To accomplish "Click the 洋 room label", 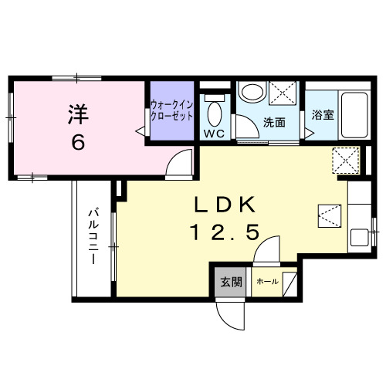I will tap(78, 114).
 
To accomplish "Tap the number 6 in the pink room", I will tap(79, 144).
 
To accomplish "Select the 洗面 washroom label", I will tap(274, 122).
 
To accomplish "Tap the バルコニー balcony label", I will tap(93, 236).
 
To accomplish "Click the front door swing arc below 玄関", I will tap(230, 313).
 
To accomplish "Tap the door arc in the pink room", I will tap(179, 162).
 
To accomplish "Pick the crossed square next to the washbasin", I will tap(283, 93).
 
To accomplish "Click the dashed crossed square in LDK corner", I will tap(344, 160).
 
